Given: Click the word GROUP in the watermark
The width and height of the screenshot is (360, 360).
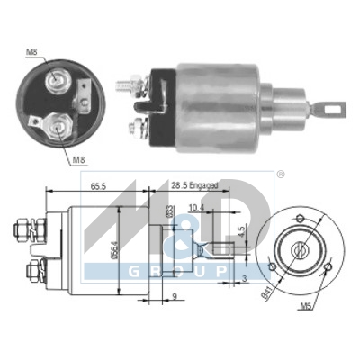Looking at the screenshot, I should (x=176, y=271).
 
